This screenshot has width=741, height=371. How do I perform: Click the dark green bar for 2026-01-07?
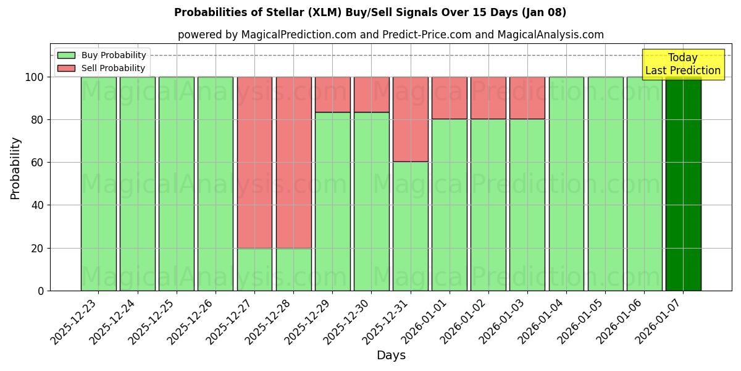(683, 184)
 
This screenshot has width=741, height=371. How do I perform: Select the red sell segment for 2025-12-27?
(254, 162)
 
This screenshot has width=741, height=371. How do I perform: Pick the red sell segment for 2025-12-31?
(410, 119)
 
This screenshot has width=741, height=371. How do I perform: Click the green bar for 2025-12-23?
(98, 184)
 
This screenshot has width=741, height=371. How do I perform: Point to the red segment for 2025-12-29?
(332, 95)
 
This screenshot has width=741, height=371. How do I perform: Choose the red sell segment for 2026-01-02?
(488, 98)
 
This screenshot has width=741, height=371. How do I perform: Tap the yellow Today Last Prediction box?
(682, 64)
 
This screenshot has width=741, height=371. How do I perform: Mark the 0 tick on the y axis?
(41, 291)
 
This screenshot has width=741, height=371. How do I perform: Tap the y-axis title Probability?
(15, 168)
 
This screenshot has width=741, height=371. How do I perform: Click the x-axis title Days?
(391, 356)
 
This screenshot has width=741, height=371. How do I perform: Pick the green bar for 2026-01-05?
(605, 184)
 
